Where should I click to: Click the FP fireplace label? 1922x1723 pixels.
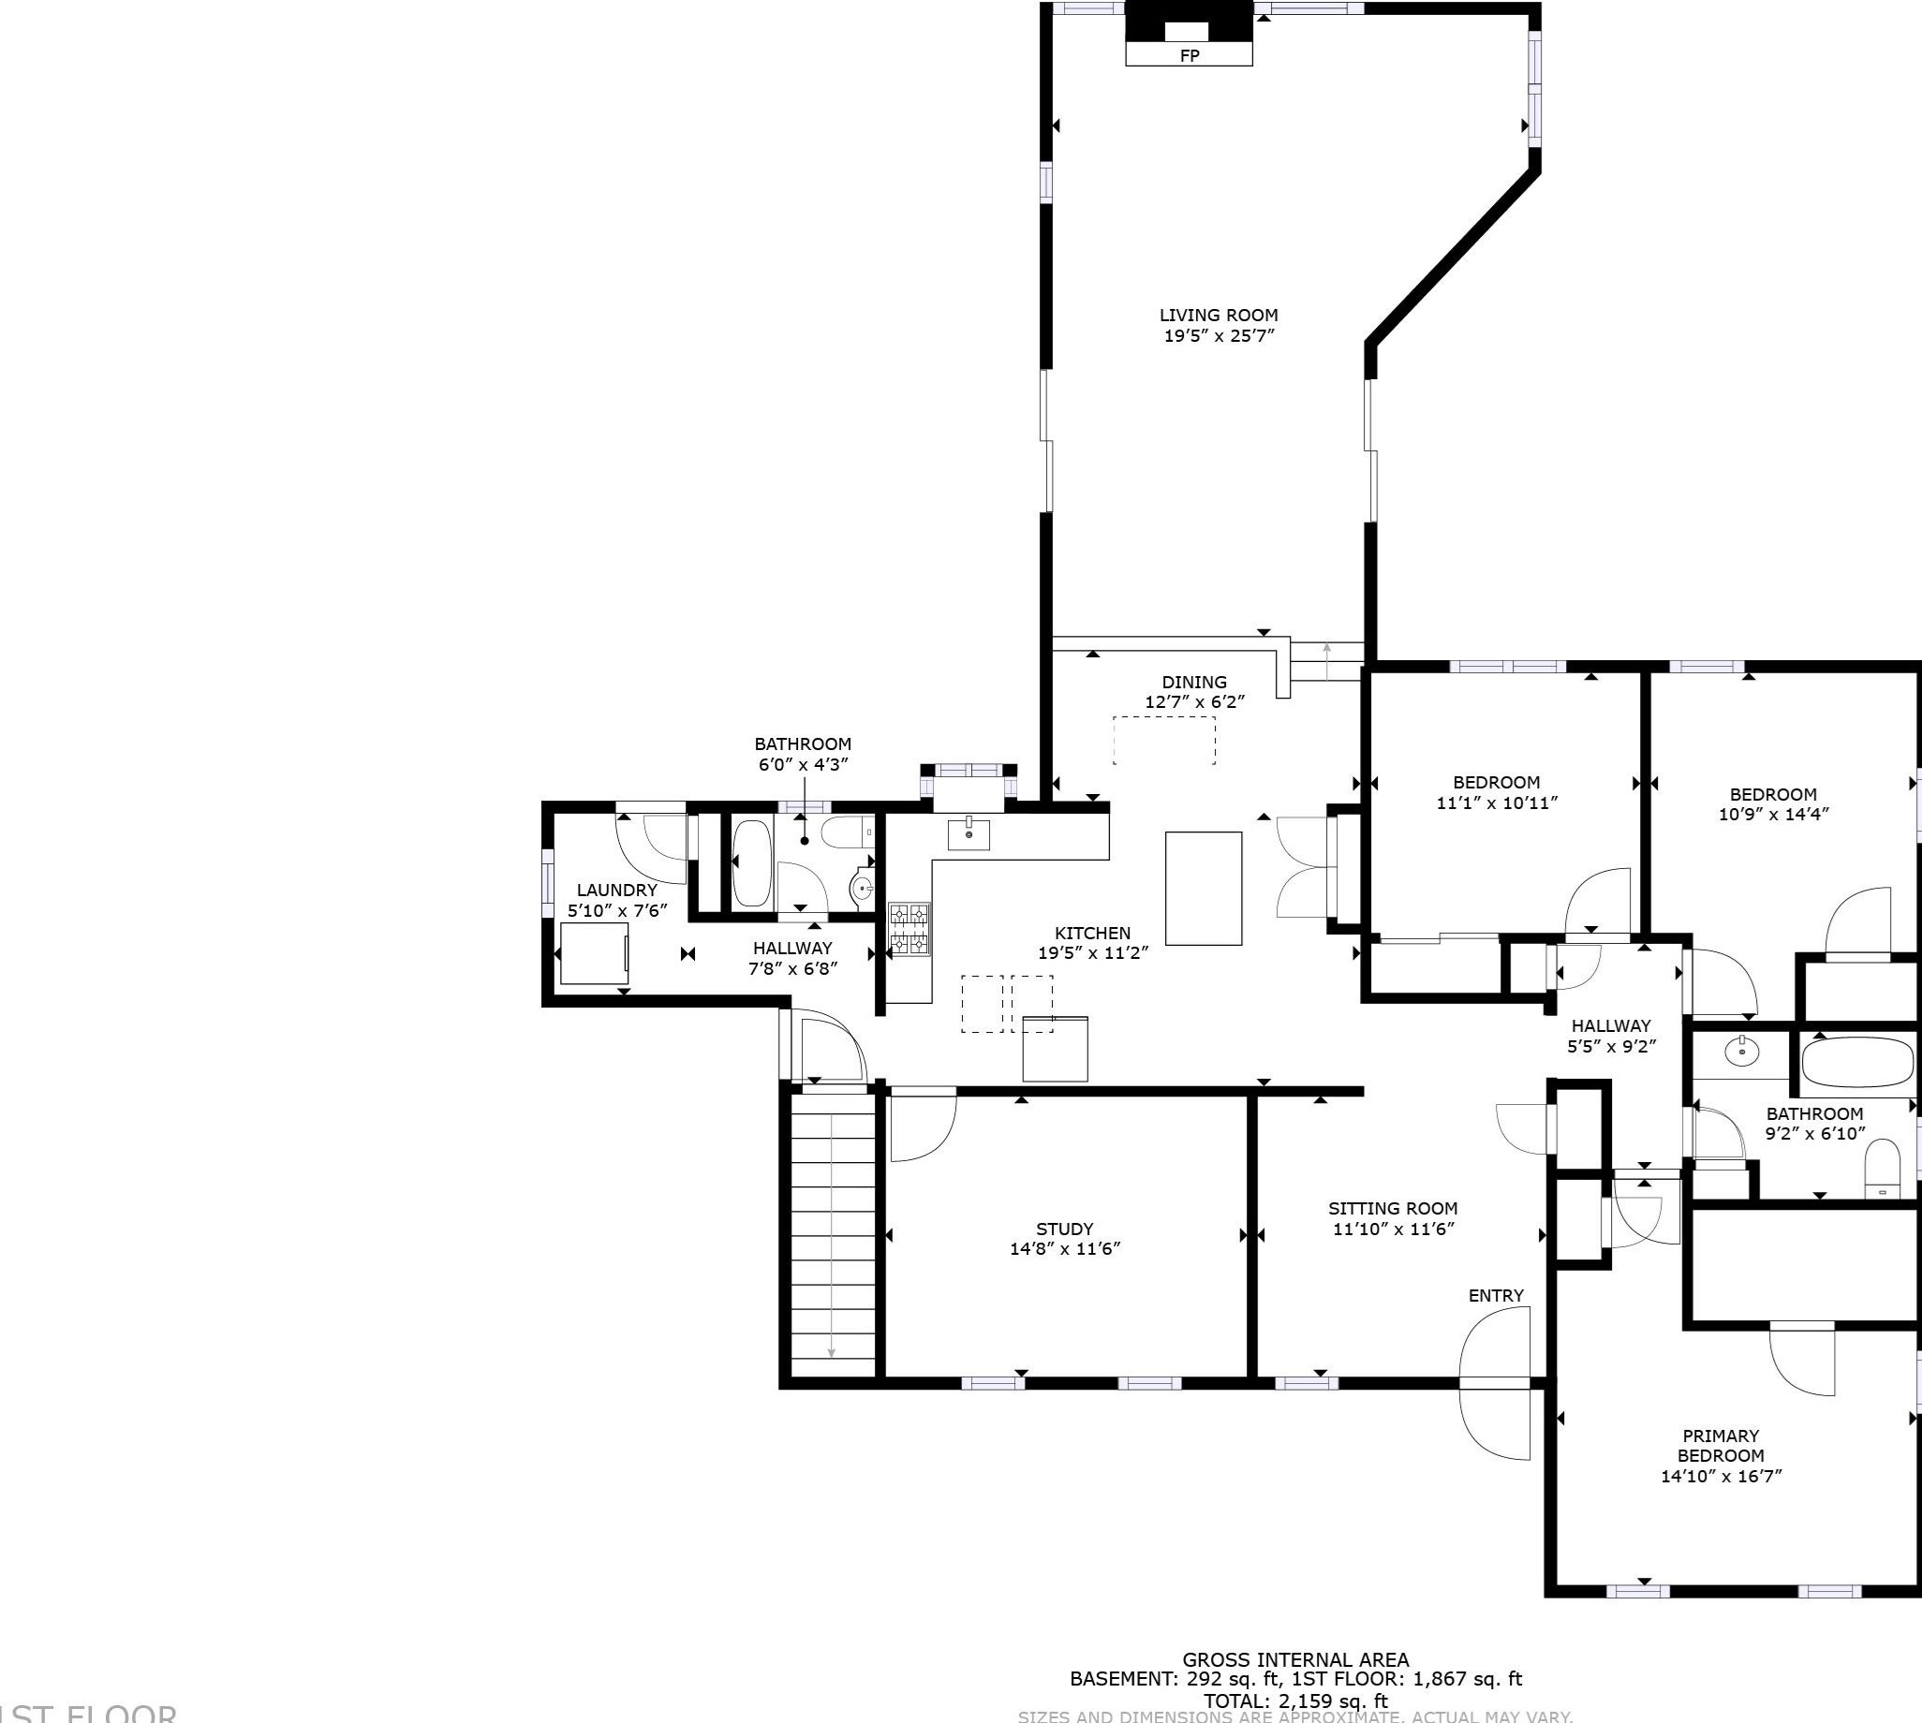pos(1190,56)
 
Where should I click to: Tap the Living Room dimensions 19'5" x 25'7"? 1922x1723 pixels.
pos(1219,335)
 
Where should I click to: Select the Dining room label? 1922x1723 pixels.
pos(1194,682)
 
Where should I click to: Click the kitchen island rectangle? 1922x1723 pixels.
pos(1203,888)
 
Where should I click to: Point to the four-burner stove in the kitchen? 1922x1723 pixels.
pos(909,929)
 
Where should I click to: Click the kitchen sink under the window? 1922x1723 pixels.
pos(968,835)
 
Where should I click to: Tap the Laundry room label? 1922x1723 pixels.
pos(616,890)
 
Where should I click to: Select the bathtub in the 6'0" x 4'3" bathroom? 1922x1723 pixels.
pos(753,863)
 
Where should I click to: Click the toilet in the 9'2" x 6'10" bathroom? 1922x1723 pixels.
pos(1882,1171)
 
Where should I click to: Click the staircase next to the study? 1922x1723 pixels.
pos(833,1235)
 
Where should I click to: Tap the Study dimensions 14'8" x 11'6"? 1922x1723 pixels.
pos(1064,1248)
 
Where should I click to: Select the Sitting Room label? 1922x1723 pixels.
pos(1392,1208)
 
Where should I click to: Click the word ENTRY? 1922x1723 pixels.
pos(1496,1295)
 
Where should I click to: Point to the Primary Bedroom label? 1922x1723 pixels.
pos(1721,1446)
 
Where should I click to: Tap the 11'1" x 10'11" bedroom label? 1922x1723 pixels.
pos(1496,792)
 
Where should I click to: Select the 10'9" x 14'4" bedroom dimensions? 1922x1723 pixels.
pos(1772,813)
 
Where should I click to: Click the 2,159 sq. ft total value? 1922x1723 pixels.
pos(1333,1701)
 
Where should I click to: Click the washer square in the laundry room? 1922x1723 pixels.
pos(594,953)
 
